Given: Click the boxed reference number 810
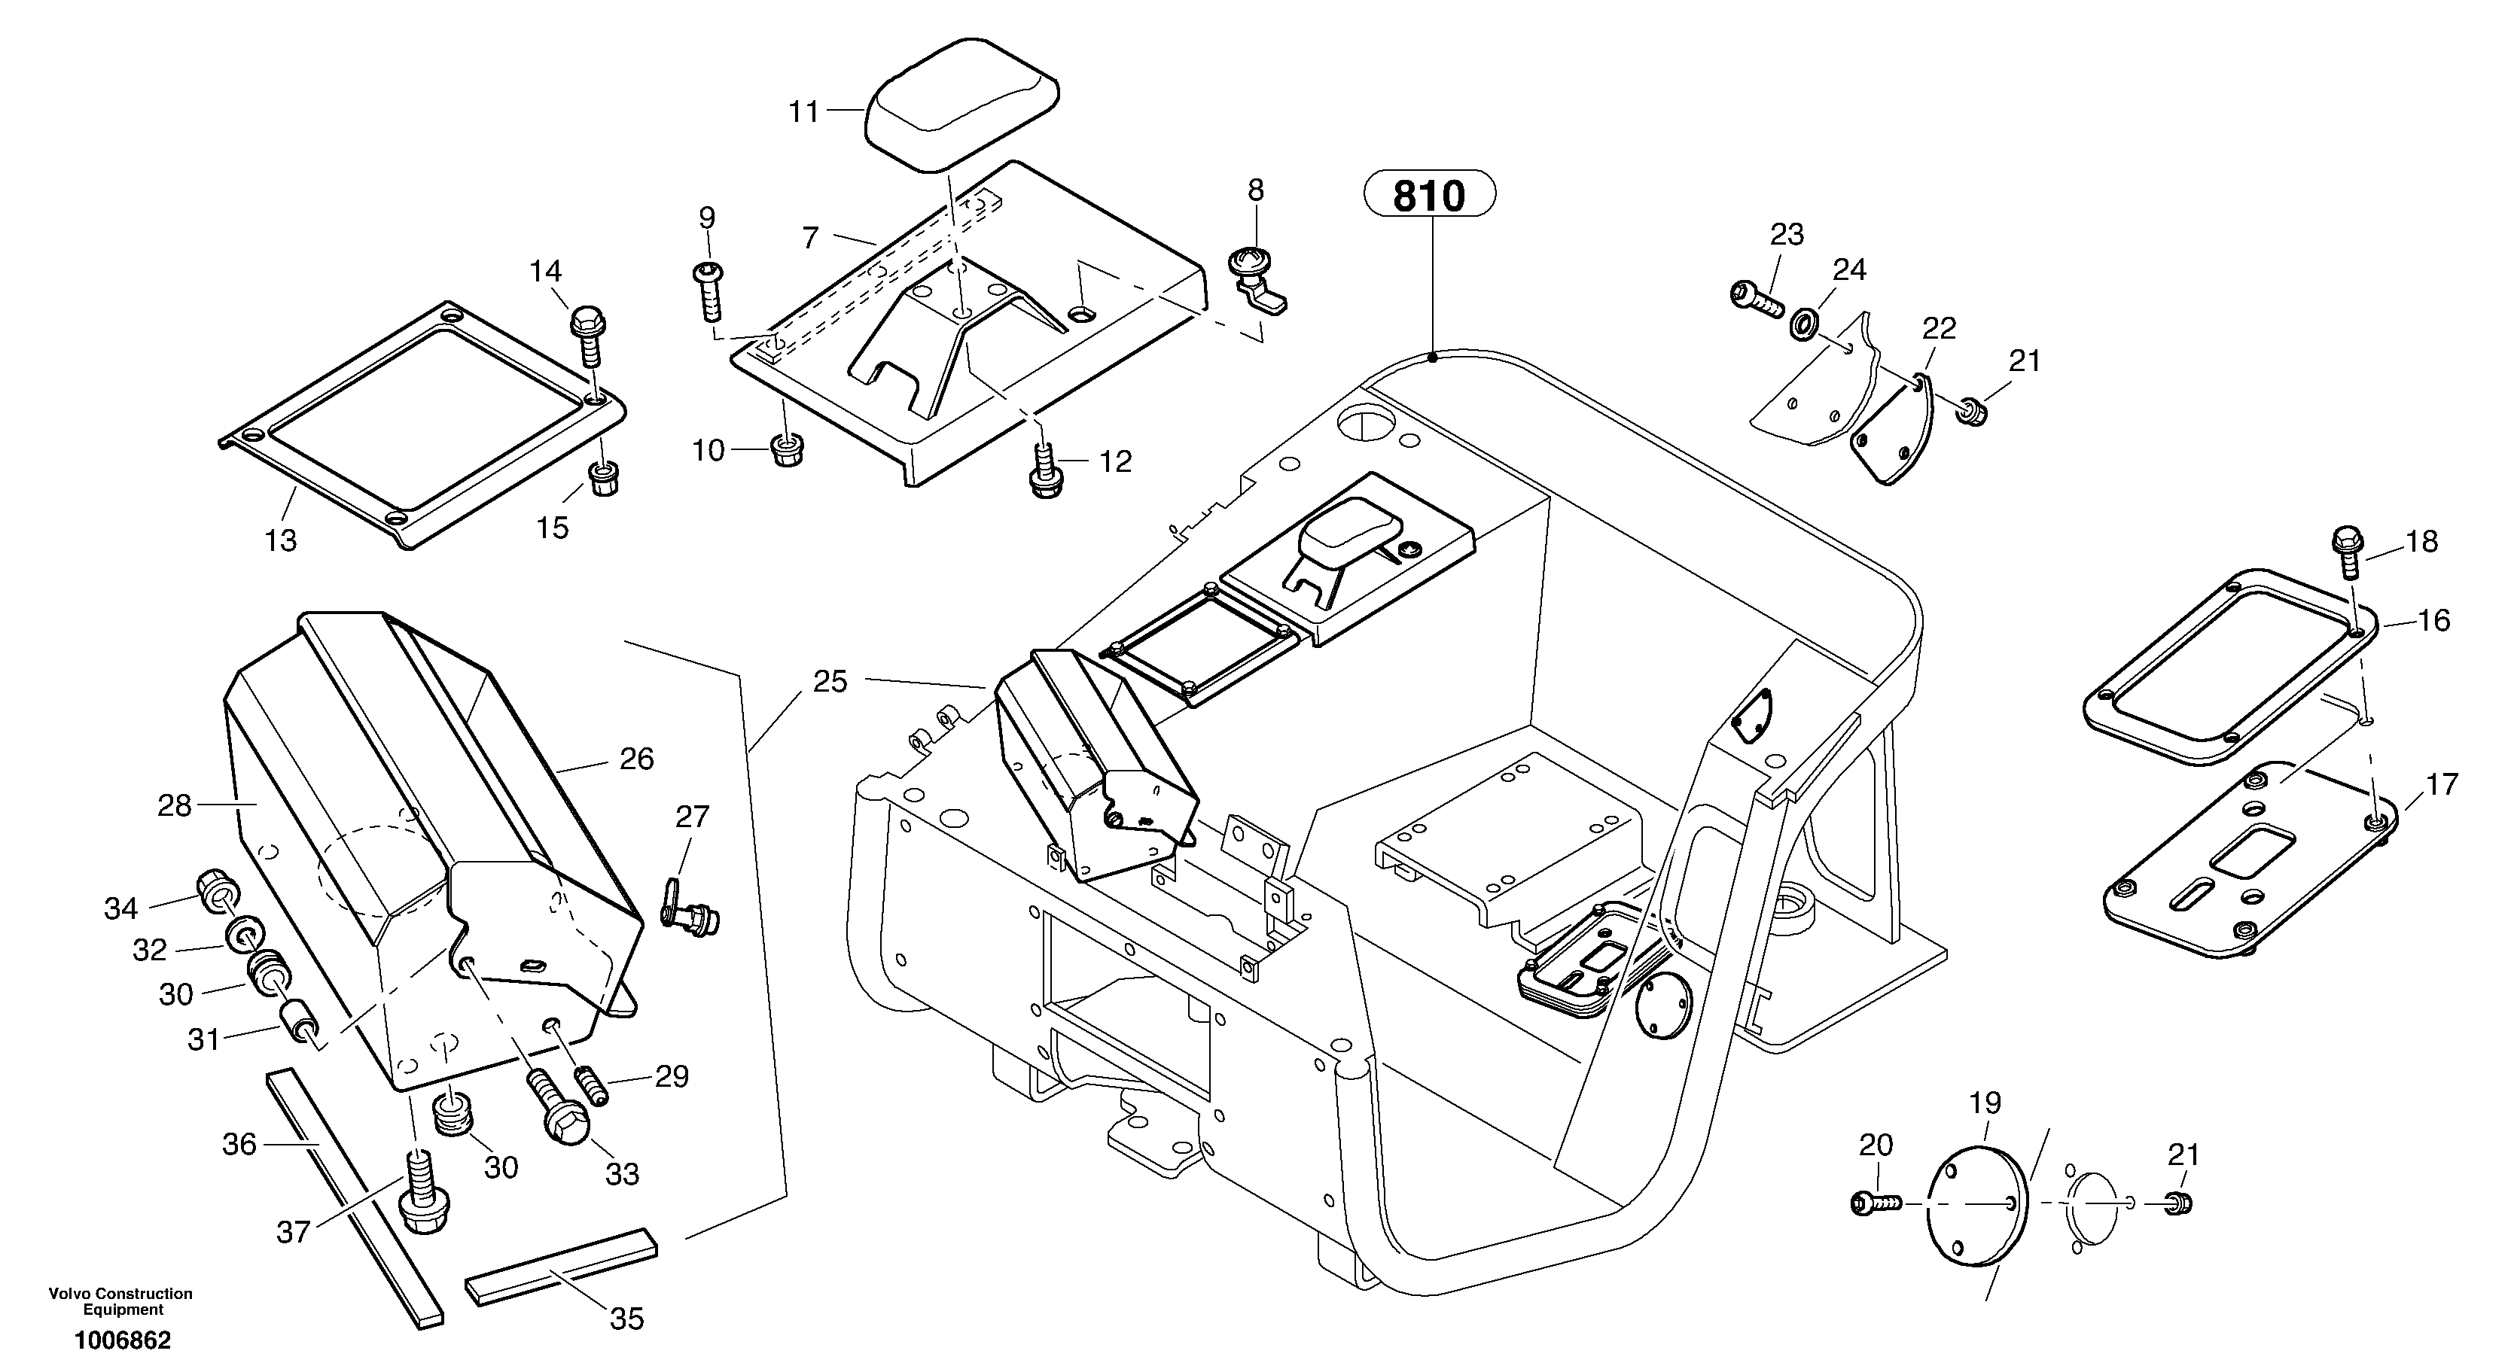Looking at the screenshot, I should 1428,196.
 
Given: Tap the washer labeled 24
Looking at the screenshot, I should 1804,324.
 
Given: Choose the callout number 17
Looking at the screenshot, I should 2441,784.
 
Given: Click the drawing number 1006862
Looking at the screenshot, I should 123,1341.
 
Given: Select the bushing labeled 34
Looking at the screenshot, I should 216,887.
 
